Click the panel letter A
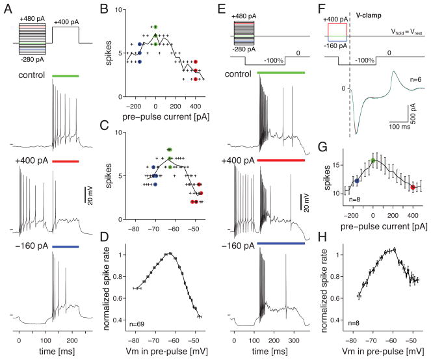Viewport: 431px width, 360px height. click(6, 6)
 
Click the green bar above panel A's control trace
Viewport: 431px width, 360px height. click(66, 76)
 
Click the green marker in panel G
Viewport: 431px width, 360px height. click(373, 161)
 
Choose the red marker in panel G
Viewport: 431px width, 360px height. click(413, 187)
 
